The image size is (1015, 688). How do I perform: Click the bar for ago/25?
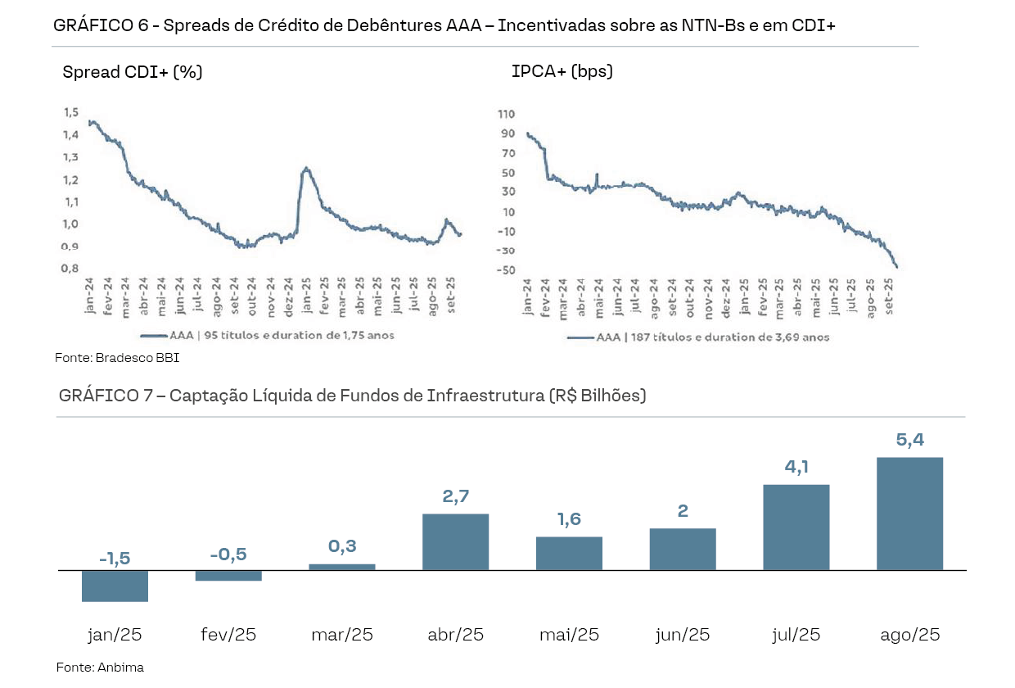point(909,514)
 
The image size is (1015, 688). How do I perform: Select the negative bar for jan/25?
point(115,586)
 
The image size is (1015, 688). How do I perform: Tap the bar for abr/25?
point(455,541)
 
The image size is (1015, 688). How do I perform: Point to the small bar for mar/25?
point(341,567)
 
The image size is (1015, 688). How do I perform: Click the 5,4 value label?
point(909,440)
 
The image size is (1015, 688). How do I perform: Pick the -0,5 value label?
point(228,554)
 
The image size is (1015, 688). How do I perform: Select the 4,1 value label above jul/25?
point(796,468)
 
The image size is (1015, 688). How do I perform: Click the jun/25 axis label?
point(683,635)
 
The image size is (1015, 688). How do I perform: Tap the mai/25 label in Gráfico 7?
point(569,635)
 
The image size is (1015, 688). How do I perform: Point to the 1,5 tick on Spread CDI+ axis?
point(71,112)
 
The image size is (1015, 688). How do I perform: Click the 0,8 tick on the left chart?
point(71,269)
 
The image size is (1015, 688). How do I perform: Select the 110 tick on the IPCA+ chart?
point(507,114)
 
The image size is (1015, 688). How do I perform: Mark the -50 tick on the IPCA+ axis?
point(507,270)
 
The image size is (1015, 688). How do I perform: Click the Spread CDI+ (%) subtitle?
point(133,72)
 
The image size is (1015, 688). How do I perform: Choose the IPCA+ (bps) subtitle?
point(562,71)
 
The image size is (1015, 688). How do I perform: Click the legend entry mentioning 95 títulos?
point(267,335)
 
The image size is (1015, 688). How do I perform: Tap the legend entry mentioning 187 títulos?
point(698,337)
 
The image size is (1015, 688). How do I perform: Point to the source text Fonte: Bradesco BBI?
point(117,358)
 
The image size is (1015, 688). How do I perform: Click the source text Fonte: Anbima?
point(100,668)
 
